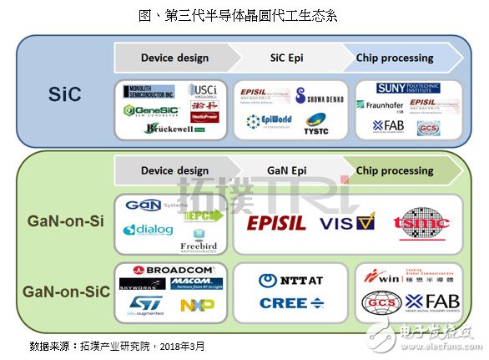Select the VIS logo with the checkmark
point(345,224)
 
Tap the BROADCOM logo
point(168,271)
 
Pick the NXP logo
point(197,305)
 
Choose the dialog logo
point(148,230)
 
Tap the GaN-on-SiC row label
point(67,289)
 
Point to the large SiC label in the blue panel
point(63,93)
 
